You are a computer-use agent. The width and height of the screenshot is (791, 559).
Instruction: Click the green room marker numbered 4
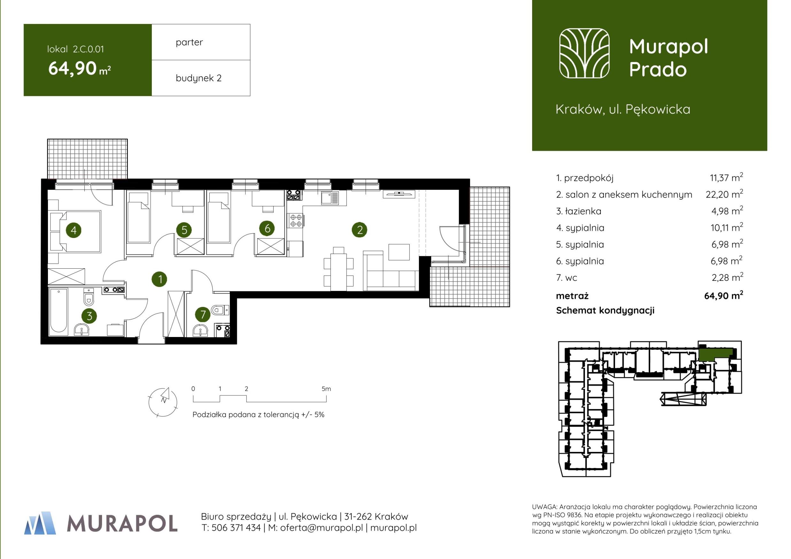pos(74,230)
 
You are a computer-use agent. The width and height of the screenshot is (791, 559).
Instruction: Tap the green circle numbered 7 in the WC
pos(203,314)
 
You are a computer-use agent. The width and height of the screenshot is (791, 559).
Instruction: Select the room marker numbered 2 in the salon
pos(360,230)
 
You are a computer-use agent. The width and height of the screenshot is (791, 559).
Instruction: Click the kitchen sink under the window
pos(330,198)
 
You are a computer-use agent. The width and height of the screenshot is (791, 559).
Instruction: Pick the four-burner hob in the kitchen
pos(295,220)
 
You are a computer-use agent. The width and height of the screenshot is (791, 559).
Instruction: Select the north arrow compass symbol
pos(163,402)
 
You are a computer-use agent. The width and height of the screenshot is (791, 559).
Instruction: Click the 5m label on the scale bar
pos(326,389)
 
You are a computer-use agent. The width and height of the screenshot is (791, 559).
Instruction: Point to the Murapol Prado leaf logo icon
pos(584,53)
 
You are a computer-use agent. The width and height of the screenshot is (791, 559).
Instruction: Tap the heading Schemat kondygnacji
pos(605,310)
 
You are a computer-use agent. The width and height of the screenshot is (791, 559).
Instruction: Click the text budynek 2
pos(198,78)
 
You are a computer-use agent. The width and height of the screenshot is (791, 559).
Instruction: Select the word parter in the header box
pos(189,42)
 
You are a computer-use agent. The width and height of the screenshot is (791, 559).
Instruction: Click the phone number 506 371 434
pos(236,528)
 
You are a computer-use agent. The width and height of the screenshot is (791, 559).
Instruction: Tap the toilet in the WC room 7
pos(220,310)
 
